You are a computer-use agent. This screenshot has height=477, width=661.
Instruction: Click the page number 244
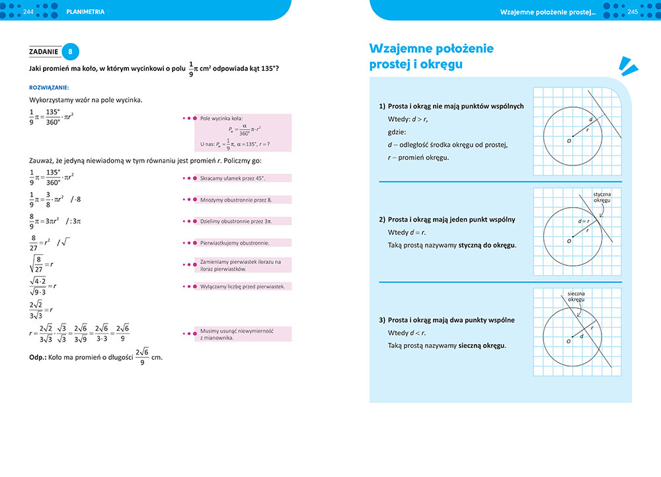tap(28, 12)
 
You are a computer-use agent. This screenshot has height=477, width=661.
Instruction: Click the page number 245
tap(632, 12)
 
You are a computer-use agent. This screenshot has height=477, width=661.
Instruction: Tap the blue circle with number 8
tap(71, 52)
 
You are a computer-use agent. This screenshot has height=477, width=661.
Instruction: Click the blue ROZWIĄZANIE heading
tap(50, 87)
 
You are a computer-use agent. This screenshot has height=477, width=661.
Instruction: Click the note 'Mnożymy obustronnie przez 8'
tap(236, 199)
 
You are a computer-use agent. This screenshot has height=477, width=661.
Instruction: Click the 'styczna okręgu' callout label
tap(602, 197)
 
